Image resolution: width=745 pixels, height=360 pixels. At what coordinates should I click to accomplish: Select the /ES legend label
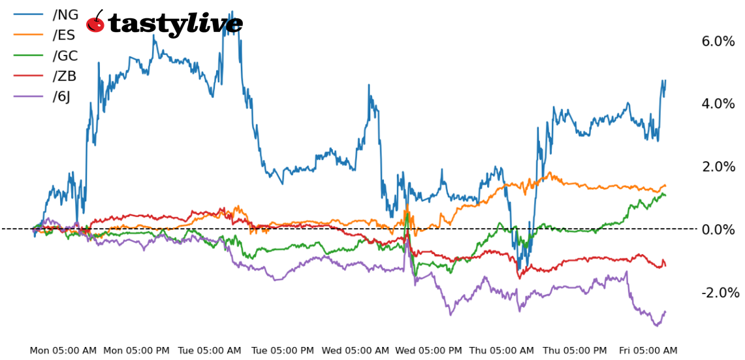[64, 35]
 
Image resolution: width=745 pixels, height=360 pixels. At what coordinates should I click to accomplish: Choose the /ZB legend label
[64, 76]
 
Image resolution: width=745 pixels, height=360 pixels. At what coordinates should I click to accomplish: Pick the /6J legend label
[61, 97]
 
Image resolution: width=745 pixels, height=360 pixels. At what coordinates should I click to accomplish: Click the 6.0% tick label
[718, 41]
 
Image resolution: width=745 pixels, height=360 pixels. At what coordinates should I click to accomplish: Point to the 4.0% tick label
[718, 104]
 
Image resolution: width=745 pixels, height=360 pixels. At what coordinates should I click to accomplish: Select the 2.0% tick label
[718, 167]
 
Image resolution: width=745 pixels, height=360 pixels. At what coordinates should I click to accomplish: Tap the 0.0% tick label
[718, 229]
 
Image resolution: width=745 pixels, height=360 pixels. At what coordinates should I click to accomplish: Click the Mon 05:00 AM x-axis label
[63, 351]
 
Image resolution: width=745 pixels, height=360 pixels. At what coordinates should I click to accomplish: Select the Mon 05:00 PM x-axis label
[136, 351]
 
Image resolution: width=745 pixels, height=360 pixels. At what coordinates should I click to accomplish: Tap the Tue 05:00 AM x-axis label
[210, 351]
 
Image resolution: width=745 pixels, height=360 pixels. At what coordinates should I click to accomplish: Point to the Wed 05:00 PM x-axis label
[429, 351]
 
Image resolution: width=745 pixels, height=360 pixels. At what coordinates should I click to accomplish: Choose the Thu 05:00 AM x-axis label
[502, 351]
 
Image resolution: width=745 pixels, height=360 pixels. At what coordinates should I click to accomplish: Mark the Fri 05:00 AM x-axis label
[647, 351]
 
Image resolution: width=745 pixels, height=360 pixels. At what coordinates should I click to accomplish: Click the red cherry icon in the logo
[95, 23]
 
